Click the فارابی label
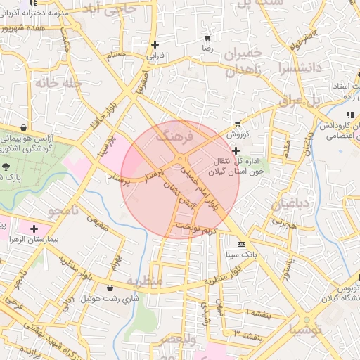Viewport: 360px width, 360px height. (154, 53)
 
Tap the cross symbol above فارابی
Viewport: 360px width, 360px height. (155, 44)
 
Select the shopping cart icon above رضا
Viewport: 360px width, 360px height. (207, 38)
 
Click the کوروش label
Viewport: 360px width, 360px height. (238, 132)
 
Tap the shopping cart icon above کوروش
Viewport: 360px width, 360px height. (238, 123)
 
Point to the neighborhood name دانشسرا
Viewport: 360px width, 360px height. (300, 69)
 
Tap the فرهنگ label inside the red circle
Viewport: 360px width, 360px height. (174, 136)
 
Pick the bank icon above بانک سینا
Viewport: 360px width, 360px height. (242, 244)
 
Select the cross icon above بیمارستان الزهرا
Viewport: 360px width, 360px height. (33, 229)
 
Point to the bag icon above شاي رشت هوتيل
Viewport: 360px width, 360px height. (110, 287)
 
